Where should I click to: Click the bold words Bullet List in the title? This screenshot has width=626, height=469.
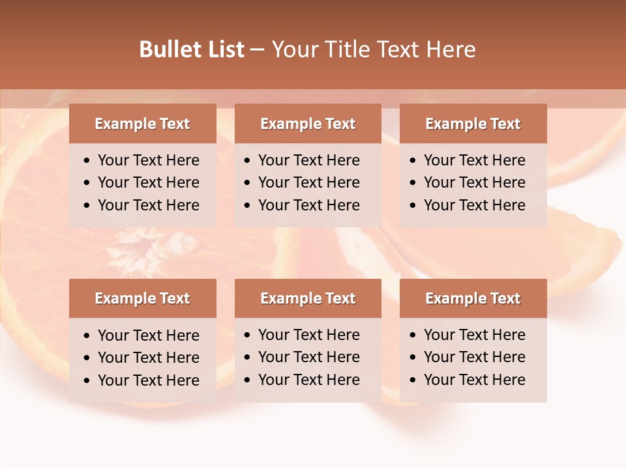[x=192, y=50]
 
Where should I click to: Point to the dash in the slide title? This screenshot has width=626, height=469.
[x=257, y=50]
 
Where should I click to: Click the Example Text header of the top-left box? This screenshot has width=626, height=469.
[x=142, y=124]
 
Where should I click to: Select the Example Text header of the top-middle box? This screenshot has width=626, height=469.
[x=308, y=124]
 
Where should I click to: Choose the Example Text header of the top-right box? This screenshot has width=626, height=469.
[x=473, y=124]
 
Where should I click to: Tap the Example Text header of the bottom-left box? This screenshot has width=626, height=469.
[x=142, y=298]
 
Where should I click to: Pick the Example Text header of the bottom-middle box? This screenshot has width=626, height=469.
[x=308, y=298]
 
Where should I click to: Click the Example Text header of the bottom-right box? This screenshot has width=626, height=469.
[x=473, y=298]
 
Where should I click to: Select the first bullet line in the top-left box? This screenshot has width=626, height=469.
[x=148, y=160]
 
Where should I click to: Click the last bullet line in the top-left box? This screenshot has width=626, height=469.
[x=148, y=205]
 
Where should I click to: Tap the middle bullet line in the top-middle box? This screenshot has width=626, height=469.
[x=308, y=182]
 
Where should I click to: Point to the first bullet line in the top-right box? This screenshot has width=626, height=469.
[x=474, y=160]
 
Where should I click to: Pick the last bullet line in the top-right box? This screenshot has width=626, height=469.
[x=474, y=205]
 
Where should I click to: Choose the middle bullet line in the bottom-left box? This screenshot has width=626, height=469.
[x=148, y=358]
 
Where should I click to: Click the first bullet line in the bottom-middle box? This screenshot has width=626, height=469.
[x=308, y=335]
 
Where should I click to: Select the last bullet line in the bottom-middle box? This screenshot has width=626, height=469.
[x=308, y=380]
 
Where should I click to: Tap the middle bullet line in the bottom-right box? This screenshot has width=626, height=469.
[x=474, y=357]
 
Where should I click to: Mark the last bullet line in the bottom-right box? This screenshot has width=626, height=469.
[x=474, y=380]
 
